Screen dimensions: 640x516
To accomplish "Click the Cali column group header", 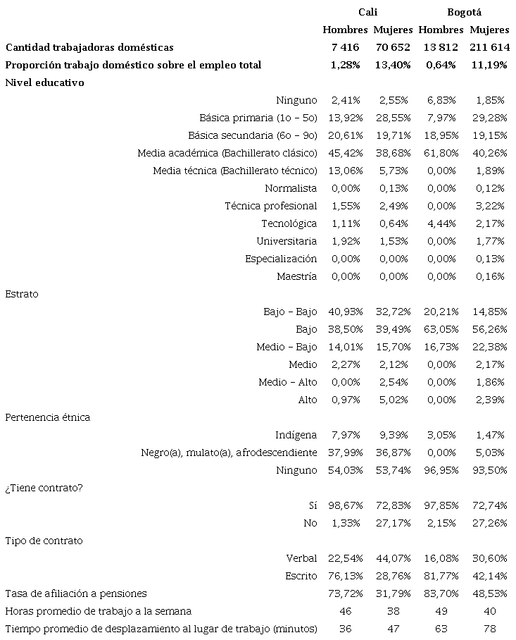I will [367, 12].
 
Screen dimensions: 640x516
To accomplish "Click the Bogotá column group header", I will [464, 12].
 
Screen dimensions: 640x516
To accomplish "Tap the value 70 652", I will [393, 47].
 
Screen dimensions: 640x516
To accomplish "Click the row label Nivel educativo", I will [44, 82].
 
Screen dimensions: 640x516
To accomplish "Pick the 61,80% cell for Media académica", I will [441, 153].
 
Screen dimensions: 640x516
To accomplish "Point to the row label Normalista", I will [291, 188].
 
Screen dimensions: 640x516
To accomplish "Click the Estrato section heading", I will [22, 294].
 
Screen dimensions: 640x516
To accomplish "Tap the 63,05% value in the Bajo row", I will [441, 329].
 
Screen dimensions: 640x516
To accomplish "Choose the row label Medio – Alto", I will [287, 382].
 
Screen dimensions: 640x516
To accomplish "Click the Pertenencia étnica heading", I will [47, 417].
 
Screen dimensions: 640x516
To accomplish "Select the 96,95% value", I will [441, 470].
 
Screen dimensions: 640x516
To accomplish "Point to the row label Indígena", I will [296, 435].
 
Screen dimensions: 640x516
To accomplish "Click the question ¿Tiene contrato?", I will [44, 488].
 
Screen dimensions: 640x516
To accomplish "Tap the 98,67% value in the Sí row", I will [345, 505].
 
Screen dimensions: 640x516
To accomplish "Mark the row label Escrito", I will [301, 576].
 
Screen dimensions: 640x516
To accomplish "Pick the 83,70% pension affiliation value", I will [441, 593].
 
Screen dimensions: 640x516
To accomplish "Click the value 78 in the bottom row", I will [489, 629].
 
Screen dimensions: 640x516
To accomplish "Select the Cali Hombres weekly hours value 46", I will [345, 611].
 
